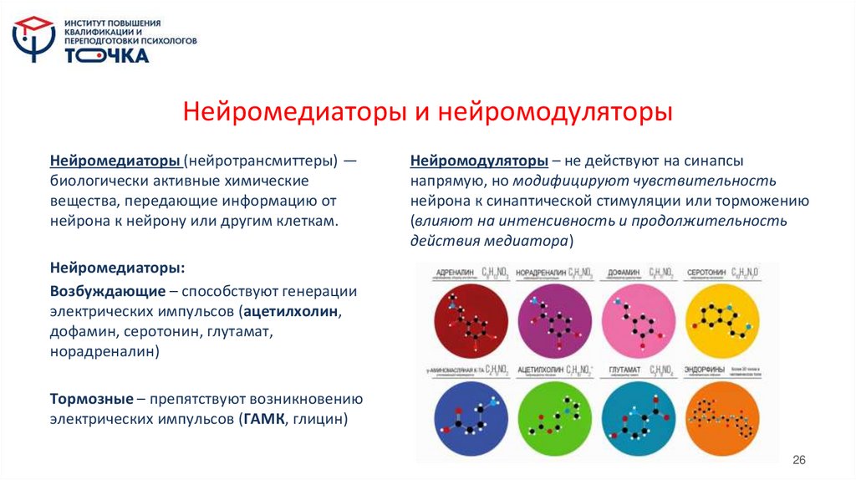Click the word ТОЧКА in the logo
tap(108, 55)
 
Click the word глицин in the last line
tap(318, 419)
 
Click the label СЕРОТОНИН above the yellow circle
tap(705, 273)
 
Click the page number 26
tap(798, 461)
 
